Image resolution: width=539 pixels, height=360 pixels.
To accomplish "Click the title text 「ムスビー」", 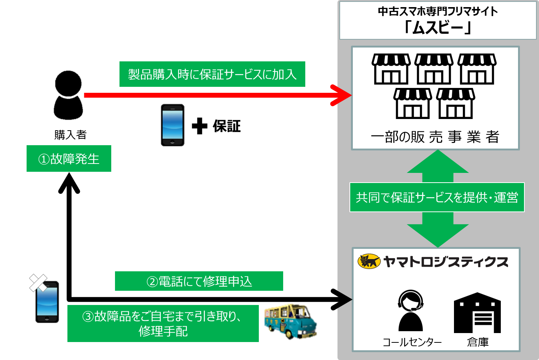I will [x=437, y=27].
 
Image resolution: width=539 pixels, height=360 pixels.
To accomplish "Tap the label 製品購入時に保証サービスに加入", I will [x=212, y=74].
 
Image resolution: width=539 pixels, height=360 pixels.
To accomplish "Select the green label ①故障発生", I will [x=69, y=159].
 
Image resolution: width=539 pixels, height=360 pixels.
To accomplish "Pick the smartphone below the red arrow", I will [x=173, y=125].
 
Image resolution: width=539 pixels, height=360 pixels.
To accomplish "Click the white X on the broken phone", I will [x=38, y=283].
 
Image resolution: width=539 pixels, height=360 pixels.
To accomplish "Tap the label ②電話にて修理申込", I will [x=199, y=281].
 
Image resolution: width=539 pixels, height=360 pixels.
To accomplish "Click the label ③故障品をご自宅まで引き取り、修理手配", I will [x=163, y=323].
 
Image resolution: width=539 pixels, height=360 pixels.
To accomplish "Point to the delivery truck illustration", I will [x=290, y=321].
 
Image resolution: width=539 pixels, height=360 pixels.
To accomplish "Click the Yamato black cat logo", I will [x=369, y=261].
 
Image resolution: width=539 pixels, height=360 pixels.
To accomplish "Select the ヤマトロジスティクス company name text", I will [x=446, y=262].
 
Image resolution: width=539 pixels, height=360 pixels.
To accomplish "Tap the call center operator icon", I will [x=411, y=310].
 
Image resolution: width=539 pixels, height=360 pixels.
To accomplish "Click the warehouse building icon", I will [x=477, y=313].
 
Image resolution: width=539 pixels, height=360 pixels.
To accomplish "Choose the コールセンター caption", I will [x=412, y=342].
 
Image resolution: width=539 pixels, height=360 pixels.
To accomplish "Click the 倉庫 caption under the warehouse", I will [x=478, y=342].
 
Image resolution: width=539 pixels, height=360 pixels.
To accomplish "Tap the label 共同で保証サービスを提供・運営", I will [x=437, y=197].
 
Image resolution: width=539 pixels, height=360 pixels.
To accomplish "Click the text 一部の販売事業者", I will [x=435, y=137].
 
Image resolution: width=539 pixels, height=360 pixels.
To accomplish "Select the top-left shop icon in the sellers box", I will [x=391, y=69].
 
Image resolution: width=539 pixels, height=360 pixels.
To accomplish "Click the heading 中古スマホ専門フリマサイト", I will [x=437, y=11].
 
